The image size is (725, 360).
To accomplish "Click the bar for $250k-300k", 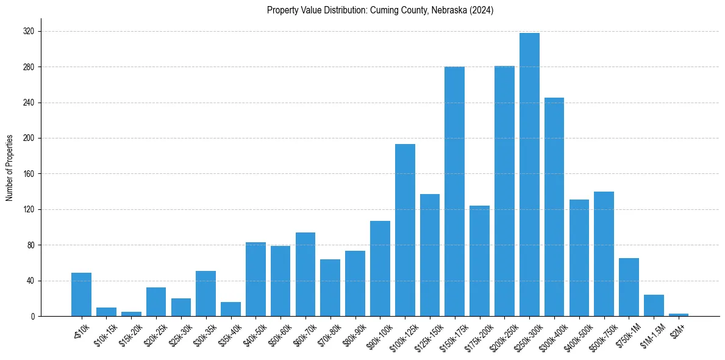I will pyautogui.click(x=529, y=175).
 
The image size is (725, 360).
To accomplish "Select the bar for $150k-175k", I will pyautogui.click(x=454, y=192).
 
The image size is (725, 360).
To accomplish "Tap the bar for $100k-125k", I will pyautogui.click(x=405, y=230).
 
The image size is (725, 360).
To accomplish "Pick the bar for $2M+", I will pyautogui.click(x=679, y=315).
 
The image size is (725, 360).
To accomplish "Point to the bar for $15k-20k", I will pyautogui.click(x=131, y=314).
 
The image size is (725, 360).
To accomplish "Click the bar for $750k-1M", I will pyautogui.click(x=629, y=287).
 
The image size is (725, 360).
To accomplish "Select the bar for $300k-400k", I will pyautogui.click(x=554, y=207).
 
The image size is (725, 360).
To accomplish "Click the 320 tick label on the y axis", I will pyautogui.click(x=29, y=31).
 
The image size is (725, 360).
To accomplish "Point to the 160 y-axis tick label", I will pyautogui.click(x=29, y=174).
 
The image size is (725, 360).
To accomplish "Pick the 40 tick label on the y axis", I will pyautogui.click(x=30, y=281).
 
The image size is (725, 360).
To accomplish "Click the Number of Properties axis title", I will pyautogui.click(x=10, y=168).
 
